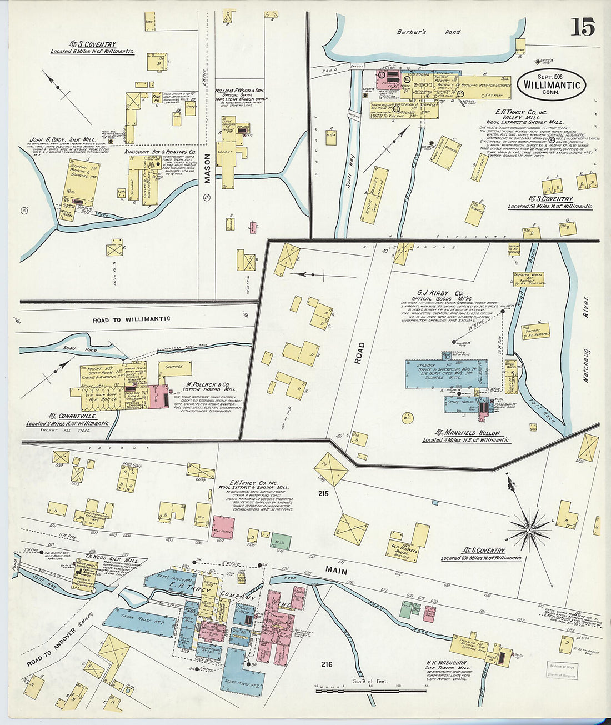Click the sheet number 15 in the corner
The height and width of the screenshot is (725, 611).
tap(582, 26)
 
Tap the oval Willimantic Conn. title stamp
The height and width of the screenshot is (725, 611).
tap(550, 84)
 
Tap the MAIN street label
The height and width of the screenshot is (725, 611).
tap(336, 571)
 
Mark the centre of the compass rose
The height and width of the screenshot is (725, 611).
tap(529, 530)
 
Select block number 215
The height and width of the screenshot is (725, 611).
tap(323, 493)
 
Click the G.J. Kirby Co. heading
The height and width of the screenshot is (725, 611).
tap(440, 293)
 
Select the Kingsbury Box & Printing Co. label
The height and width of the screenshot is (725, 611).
tap(160, 151)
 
